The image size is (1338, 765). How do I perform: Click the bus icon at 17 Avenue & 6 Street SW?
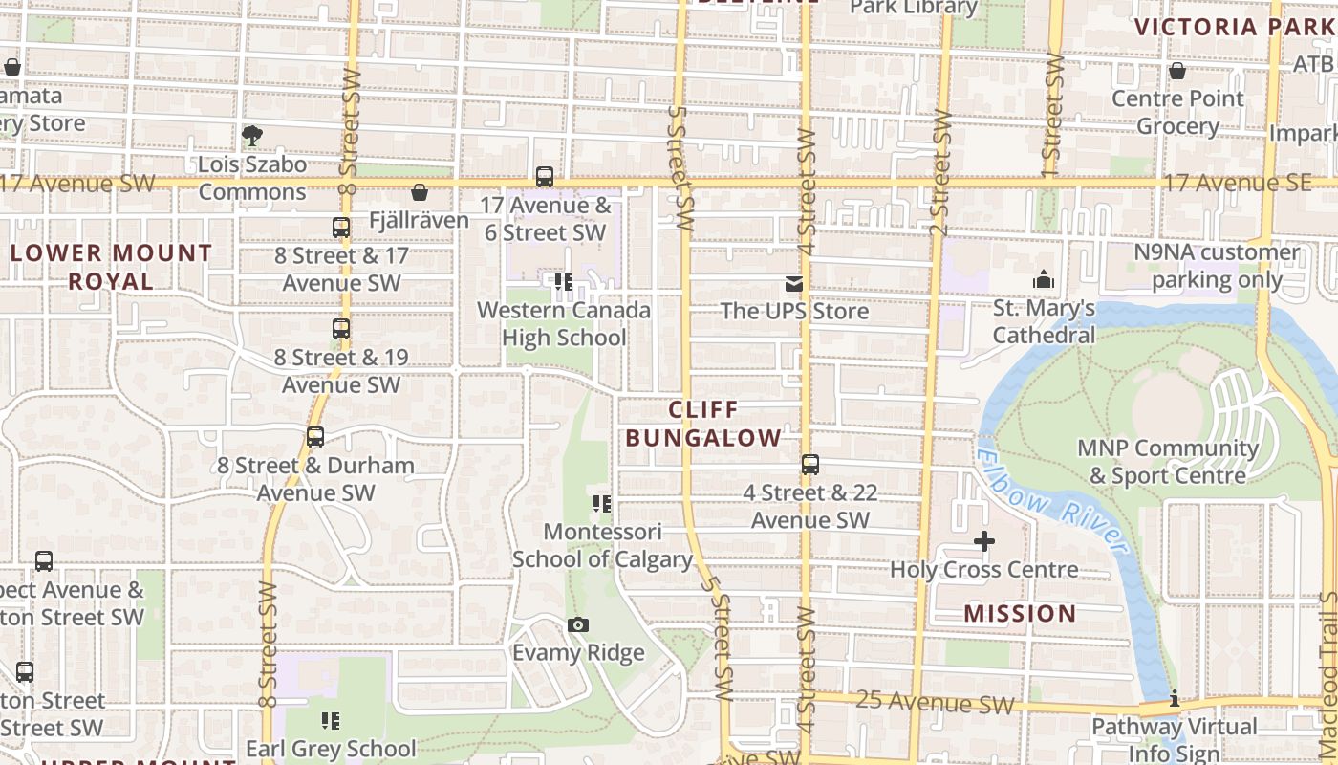[x=545, y=177]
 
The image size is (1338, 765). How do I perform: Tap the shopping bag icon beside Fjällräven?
[x=419, y=193]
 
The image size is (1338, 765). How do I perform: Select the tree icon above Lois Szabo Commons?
[x=252, y=136]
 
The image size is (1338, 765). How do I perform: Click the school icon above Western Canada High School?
[x=564, y=282]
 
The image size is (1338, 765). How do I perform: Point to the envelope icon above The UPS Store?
[x=794, y=283]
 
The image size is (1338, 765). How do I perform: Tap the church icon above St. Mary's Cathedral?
[x=1044, y=280]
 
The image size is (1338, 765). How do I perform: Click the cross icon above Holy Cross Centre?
[x=983, y=542]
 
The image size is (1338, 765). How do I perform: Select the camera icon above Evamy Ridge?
[x=577, y=625]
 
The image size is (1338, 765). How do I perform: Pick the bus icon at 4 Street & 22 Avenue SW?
[x=810, y=465]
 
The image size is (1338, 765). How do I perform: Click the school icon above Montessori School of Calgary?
[x=602, y=503]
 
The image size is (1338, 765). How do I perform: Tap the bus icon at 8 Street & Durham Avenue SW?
[x=315, y=437]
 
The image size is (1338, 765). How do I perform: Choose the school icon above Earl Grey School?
[x=331, y=720]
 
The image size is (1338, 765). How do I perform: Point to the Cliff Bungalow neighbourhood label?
[x=702, y=424]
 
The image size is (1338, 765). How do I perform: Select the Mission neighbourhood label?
[x=1020, y=613]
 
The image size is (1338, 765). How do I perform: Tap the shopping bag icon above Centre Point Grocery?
[x=1177, y=71]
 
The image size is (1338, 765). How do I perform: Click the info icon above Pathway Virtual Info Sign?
[x=1175, y=700]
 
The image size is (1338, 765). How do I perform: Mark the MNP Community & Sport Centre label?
[x=1168, y=462]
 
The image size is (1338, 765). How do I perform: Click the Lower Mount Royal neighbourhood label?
[x=111, y=267]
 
